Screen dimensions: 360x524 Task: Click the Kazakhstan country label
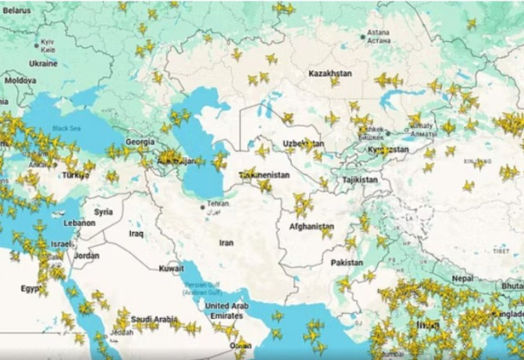[330, 73]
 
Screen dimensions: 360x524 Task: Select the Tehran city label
[217, 204]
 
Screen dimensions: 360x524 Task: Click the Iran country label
[226, 242]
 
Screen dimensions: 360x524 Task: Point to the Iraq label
[135, 233]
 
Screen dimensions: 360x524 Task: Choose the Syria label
[103, 212]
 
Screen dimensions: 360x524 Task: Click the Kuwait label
[171, 268]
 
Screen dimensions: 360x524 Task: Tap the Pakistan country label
[347, 263]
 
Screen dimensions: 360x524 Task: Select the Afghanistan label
[311, 226]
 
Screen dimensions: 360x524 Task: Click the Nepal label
[463, 278]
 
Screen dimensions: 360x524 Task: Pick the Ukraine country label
[43, 64]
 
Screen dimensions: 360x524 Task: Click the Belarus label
[16, 10]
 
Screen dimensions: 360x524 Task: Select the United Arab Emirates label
[226, 311]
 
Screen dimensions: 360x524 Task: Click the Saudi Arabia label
[154, 319]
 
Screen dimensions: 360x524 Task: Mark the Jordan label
[87, 255]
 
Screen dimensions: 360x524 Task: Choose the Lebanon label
[79, 222]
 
